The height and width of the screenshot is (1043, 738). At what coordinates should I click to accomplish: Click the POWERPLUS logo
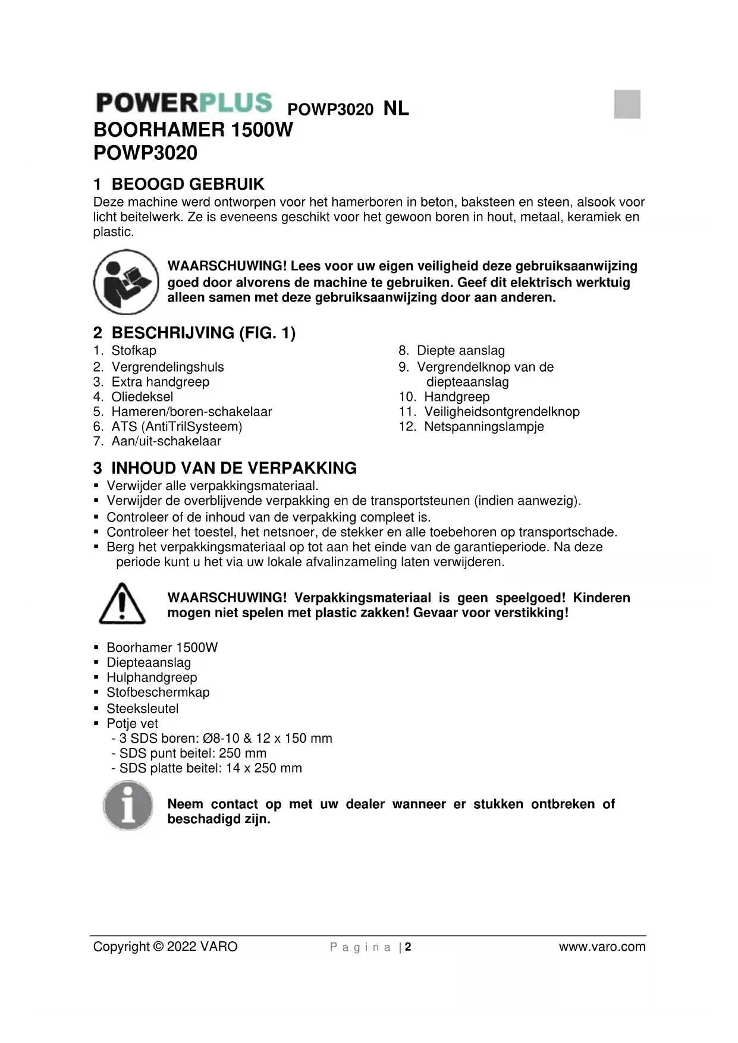tap(184, 103)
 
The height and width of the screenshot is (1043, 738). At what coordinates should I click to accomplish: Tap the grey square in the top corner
tap(627, 104)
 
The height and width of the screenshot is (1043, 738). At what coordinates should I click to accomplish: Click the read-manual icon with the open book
tap(126, 282)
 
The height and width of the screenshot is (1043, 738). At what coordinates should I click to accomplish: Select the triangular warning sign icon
tap(122, 604)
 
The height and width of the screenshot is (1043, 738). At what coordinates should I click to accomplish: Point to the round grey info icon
tap(128, 806)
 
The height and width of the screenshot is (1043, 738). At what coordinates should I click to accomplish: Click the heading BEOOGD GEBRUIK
tap(187, 184)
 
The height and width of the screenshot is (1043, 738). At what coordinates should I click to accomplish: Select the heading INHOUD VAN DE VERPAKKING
tap(234, 468)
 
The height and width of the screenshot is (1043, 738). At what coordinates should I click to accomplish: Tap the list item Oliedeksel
tap(142, 397)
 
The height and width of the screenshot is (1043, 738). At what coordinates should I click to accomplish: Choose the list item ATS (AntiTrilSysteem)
tap(177, 426)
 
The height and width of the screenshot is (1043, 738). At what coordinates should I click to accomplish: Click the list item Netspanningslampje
tap(483, 426)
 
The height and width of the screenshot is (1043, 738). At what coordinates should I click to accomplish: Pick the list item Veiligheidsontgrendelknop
tap(501, 411)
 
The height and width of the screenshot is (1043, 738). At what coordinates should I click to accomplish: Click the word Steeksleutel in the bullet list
tap(142, 708)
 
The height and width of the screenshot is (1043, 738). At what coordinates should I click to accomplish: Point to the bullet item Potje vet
tap(132, 723)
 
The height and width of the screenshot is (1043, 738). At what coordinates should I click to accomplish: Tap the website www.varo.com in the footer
tap(602, 947)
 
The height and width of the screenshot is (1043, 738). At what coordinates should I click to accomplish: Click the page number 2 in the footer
tap(409, 947)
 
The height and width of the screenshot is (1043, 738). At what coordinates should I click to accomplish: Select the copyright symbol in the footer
tap(158, 947)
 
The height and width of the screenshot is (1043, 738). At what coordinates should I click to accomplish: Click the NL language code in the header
tap(396, 108)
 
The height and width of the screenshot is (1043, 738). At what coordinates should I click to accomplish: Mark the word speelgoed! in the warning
tap(530, 598)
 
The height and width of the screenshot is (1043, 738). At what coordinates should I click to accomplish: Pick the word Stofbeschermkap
tap(158, 692)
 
